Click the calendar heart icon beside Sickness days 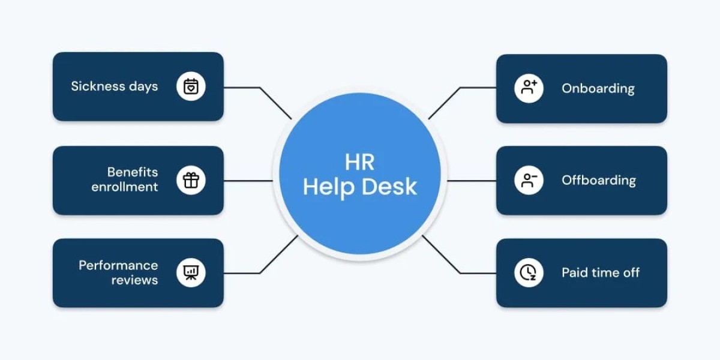point(191,86)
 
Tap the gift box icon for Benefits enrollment point(191,180)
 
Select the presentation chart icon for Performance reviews point(191,273)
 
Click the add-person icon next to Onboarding point(529,88)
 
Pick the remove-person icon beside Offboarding point(529,180)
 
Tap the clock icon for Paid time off point(529,273)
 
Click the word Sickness point(90,86)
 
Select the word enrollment point(125,187)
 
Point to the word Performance point(118,265)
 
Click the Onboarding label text point(598,88)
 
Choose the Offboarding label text point(598,180)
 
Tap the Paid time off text point(600,273)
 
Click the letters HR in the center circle point(359,162)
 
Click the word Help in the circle point(329,187)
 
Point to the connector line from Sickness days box point(243,88)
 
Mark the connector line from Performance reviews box point(243,273)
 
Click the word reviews point(134,280)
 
